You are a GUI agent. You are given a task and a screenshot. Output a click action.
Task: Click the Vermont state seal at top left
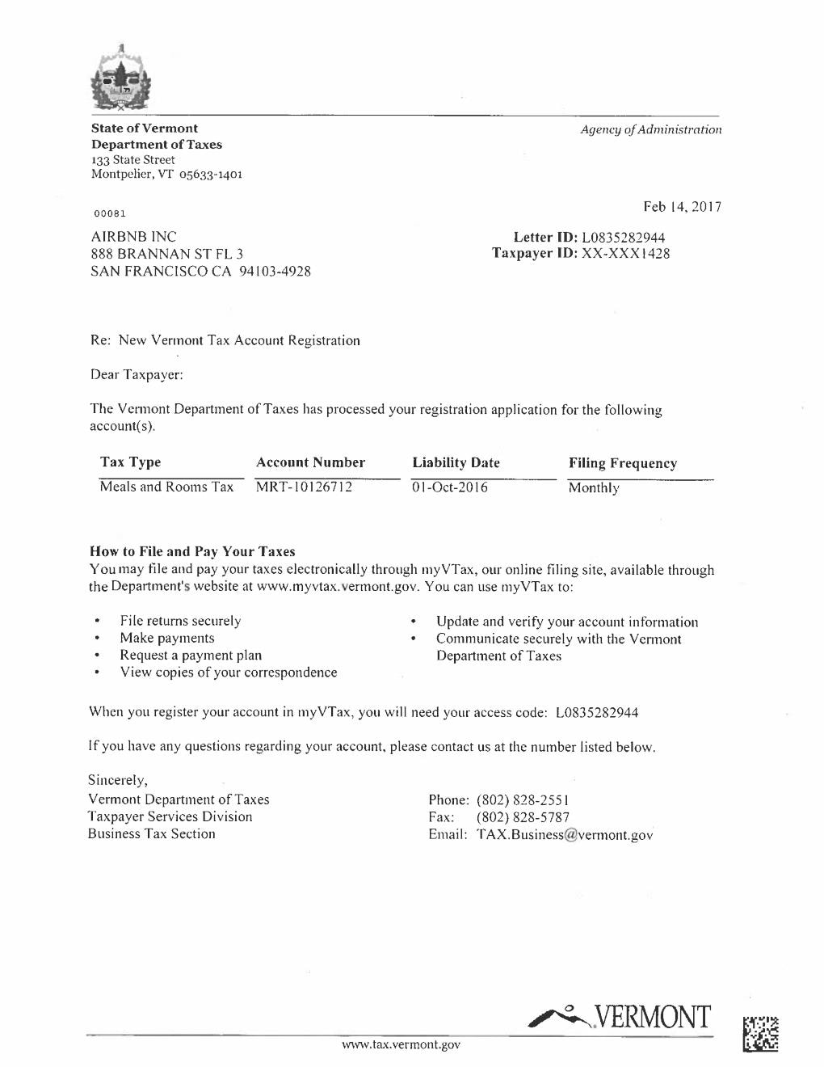[x=121, y=78]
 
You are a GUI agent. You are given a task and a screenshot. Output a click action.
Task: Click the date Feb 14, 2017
[x=682, y=207]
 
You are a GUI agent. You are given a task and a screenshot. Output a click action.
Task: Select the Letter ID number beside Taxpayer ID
[x=623, y=237]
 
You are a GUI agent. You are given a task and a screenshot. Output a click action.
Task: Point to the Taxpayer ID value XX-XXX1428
[x=625, y=254]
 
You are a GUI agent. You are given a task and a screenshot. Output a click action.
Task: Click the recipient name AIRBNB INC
[x=133, y=237]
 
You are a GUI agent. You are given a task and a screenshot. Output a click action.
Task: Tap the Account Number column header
[x=310, y=462]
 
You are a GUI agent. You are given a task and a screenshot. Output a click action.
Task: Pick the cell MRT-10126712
[x=304, y=487]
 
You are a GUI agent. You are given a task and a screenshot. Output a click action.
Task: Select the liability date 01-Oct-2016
[x=450, y=487]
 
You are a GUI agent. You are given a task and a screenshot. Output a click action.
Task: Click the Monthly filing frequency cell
[x=594, y=487]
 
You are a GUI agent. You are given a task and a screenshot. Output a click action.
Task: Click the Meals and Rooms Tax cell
[x=166, y=487]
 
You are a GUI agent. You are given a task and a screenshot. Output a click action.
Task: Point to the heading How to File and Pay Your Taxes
[x=192, y=551]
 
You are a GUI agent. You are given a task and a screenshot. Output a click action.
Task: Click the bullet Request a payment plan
[x=191, y=656]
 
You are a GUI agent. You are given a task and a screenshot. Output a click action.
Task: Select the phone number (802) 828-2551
[x=524, y=800]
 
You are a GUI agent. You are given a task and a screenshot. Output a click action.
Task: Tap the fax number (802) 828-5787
[x=523, y=817]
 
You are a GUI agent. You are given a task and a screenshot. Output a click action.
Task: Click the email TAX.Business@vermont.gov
[x=565, y=835]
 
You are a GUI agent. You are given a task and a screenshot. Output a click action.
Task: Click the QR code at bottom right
[x=761, y=1034]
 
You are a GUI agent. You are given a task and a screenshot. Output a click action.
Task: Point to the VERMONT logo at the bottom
[x=620, y=1016]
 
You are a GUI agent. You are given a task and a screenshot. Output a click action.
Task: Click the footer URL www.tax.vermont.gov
[x=401, y=1044]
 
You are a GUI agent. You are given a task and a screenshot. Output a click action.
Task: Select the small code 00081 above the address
[x=110, y=213]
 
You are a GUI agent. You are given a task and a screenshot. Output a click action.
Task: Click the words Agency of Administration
[x=650, y=129]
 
